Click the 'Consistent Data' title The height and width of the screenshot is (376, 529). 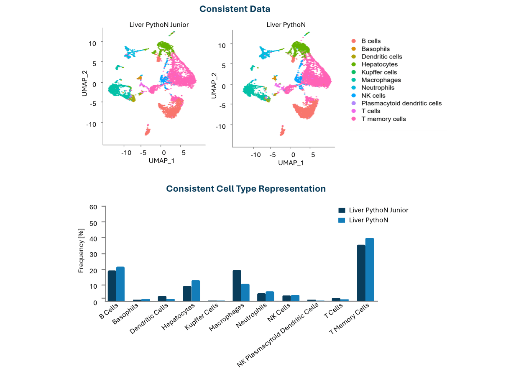point(235,9)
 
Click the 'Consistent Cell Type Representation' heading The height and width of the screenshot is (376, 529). point(246,189)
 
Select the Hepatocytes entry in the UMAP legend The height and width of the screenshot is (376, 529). point(379,64)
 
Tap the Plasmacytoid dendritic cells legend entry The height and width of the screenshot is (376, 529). point(401,103)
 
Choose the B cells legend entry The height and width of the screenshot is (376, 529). point(371,41)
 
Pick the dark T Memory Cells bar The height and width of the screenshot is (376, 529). point(360,273)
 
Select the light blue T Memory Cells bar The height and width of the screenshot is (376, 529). point(370,269)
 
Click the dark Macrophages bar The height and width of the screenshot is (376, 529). point(237,285)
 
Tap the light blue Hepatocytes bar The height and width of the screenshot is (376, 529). point(196,290)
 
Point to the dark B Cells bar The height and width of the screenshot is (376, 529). point(112,285)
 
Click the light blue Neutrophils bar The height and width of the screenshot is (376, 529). point(270,296)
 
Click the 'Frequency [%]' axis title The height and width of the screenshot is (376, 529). point(81,251)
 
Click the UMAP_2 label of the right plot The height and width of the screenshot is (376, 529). point(214,85)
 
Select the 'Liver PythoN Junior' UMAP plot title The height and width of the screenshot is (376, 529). point(159,25)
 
